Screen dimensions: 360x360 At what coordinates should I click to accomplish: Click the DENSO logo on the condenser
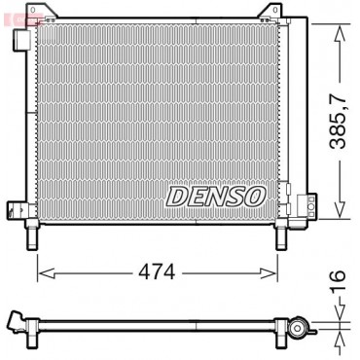(216, 197)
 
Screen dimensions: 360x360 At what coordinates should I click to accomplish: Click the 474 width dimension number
(157, 272)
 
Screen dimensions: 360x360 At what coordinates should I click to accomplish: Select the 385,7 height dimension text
(338, 121)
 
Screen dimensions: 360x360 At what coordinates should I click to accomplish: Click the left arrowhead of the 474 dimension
(46, 273)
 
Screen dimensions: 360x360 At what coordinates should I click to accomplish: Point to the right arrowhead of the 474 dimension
(270, 273)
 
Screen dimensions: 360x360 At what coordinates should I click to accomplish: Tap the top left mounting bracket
(41, 12)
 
